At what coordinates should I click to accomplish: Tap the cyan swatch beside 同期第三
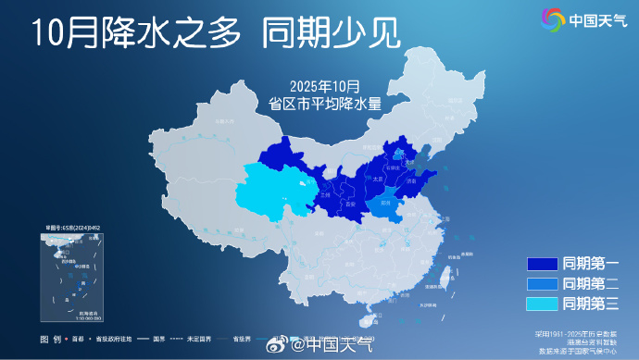pyautogui.click(x=540, y=304)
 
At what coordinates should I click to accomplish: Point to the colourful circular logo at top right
pyautogui.click(x=553, y=18)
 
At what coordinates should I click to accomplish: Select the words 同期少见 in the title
pyautogui.click(x=331, y=34)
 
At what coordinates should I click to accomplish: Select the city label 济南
pyautogui.click(x=411, y=182)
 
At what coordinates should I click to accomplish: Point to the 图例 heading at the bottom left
pyautogui.click(x=50, y=339)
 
